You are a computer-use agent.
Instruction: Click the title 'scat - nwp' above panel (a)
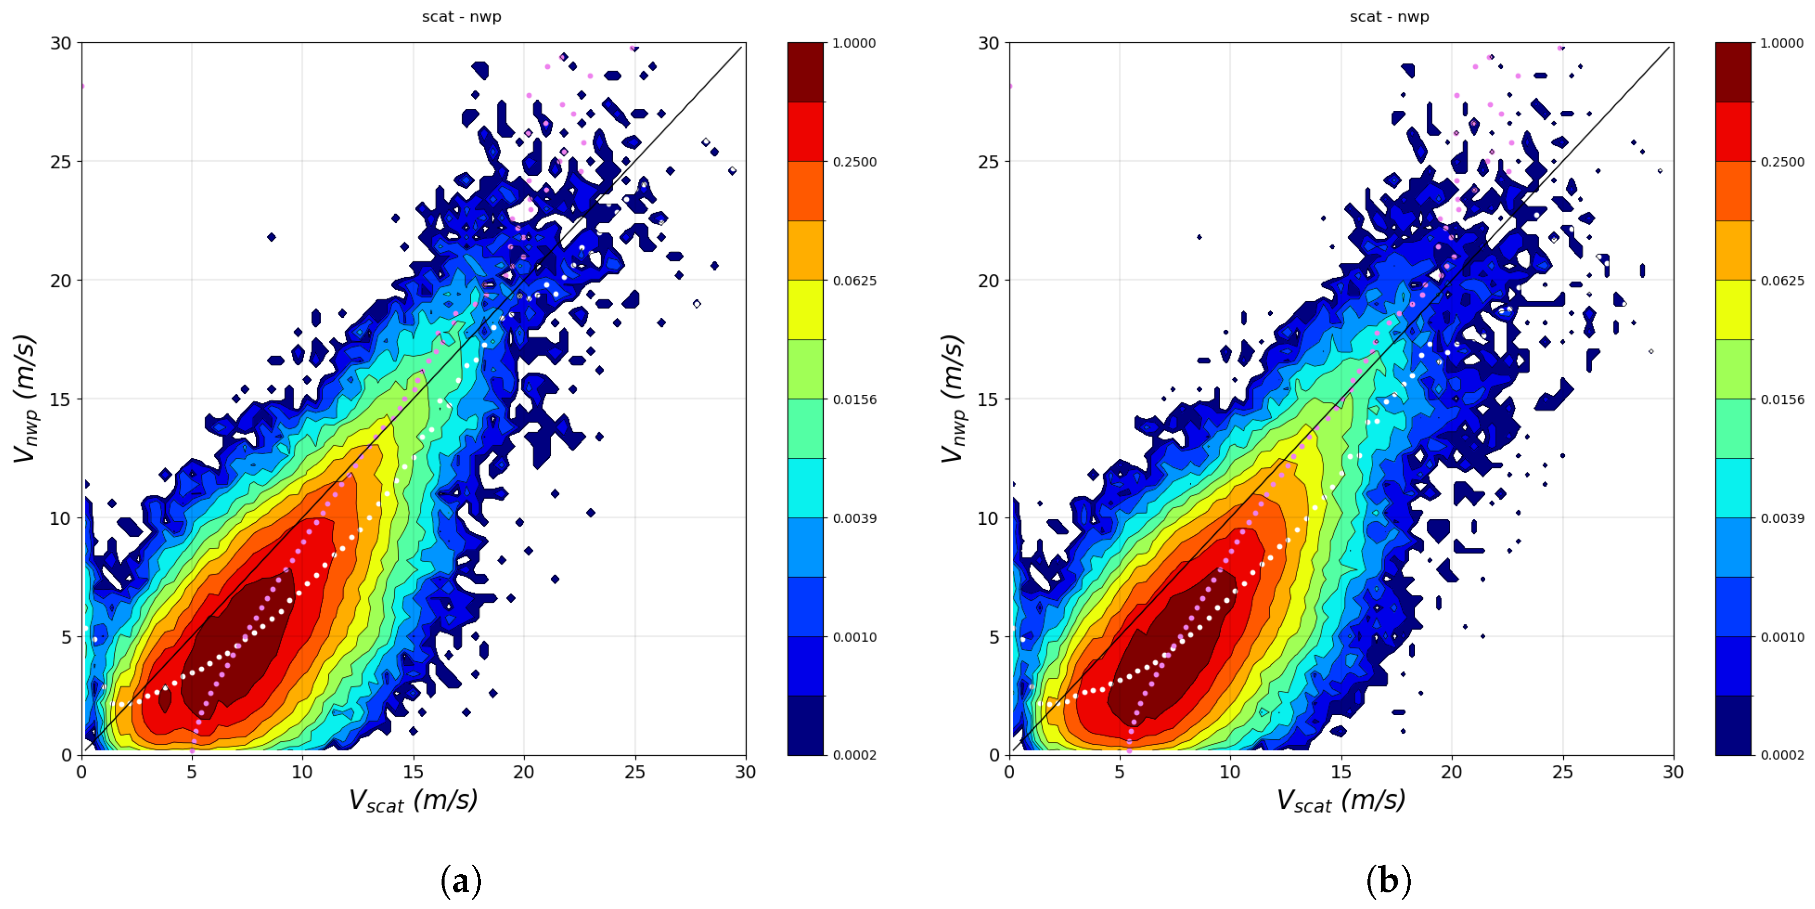(x=462, y=16)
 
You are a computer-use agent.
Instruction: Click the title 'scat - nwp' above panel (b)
(x=1389, y=16)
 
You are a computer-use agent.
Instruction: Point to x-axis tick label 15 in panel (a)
(x=413, y=773)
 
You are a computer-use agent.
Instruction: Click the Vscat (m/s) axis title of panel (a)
(x=413, y=801)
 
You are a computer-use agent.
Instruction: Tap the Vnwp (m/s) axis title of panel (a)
(x=25, y=399)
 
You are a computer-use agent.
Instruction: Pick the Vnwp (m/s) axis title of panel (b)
(x=953, y=399)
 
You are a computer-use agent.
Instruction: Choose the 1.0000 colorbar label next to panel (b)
(x=1782, y=43)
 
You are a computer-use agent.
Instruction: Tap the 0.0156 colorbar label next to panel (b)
(x=1782, y=399)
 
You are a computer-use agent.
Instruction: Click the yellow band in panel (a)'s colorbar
(x=806, y=310)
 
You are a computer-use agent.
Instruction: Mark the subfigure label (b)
(x=1388, y=881)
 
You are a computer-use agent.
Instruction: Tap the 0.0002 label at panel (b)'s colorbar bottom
(x=1782, y=755)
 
